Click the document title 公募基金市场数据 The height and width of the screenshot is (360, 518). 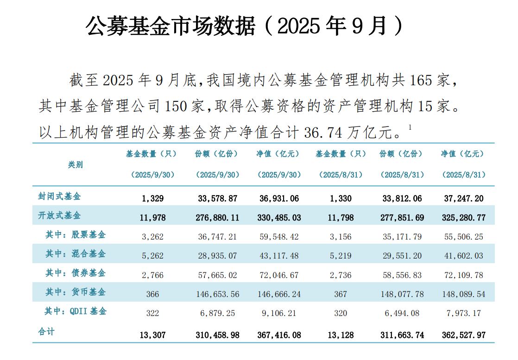[171, 27]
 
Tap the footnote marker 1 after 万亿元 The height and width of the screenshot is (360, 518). [411, 127]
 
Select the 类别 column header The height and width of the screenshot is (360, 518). [75, 164]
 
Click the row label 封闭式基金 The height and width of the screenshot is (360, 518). [59, 196]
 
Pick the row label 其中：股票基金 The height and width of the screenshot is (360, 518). [76, 235]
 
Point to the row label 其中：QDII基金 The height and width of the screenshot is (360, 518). [76, 311]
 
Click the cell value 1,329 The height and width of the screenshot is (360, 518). [152, 198]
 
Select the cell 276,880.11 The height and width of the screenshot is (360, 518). [219, 217]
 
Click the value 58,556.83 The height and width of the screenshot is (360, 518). [402, 275]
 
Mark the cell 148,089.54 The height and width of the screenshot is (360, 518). [463, 294]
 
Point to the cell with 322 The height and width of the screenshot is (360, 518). [152, 313]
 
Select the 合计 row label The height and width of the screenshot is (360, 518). [46, 332]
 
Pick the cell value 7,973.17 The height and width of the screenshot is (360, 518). [463, 313]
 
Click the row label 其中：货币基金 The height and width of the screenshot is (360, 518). [76, 292]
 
